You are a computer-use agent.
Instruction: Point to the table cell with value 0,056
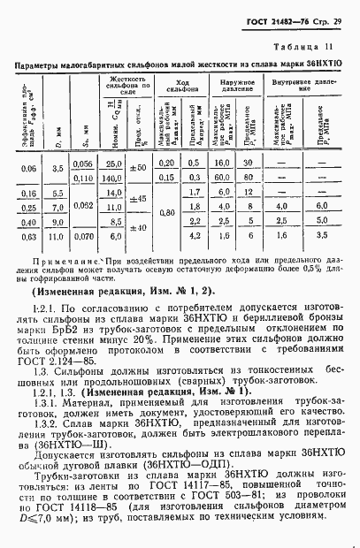pos(82,165)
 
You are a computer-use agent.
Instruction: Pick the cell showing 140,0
pos(111,179)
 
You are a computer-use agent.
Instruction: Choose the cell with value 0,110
pos(82,179)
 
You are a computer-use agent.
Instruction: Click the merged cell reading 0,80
pos(165,212)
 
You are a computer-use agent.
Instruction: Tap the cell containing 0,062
pos(82,206)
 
